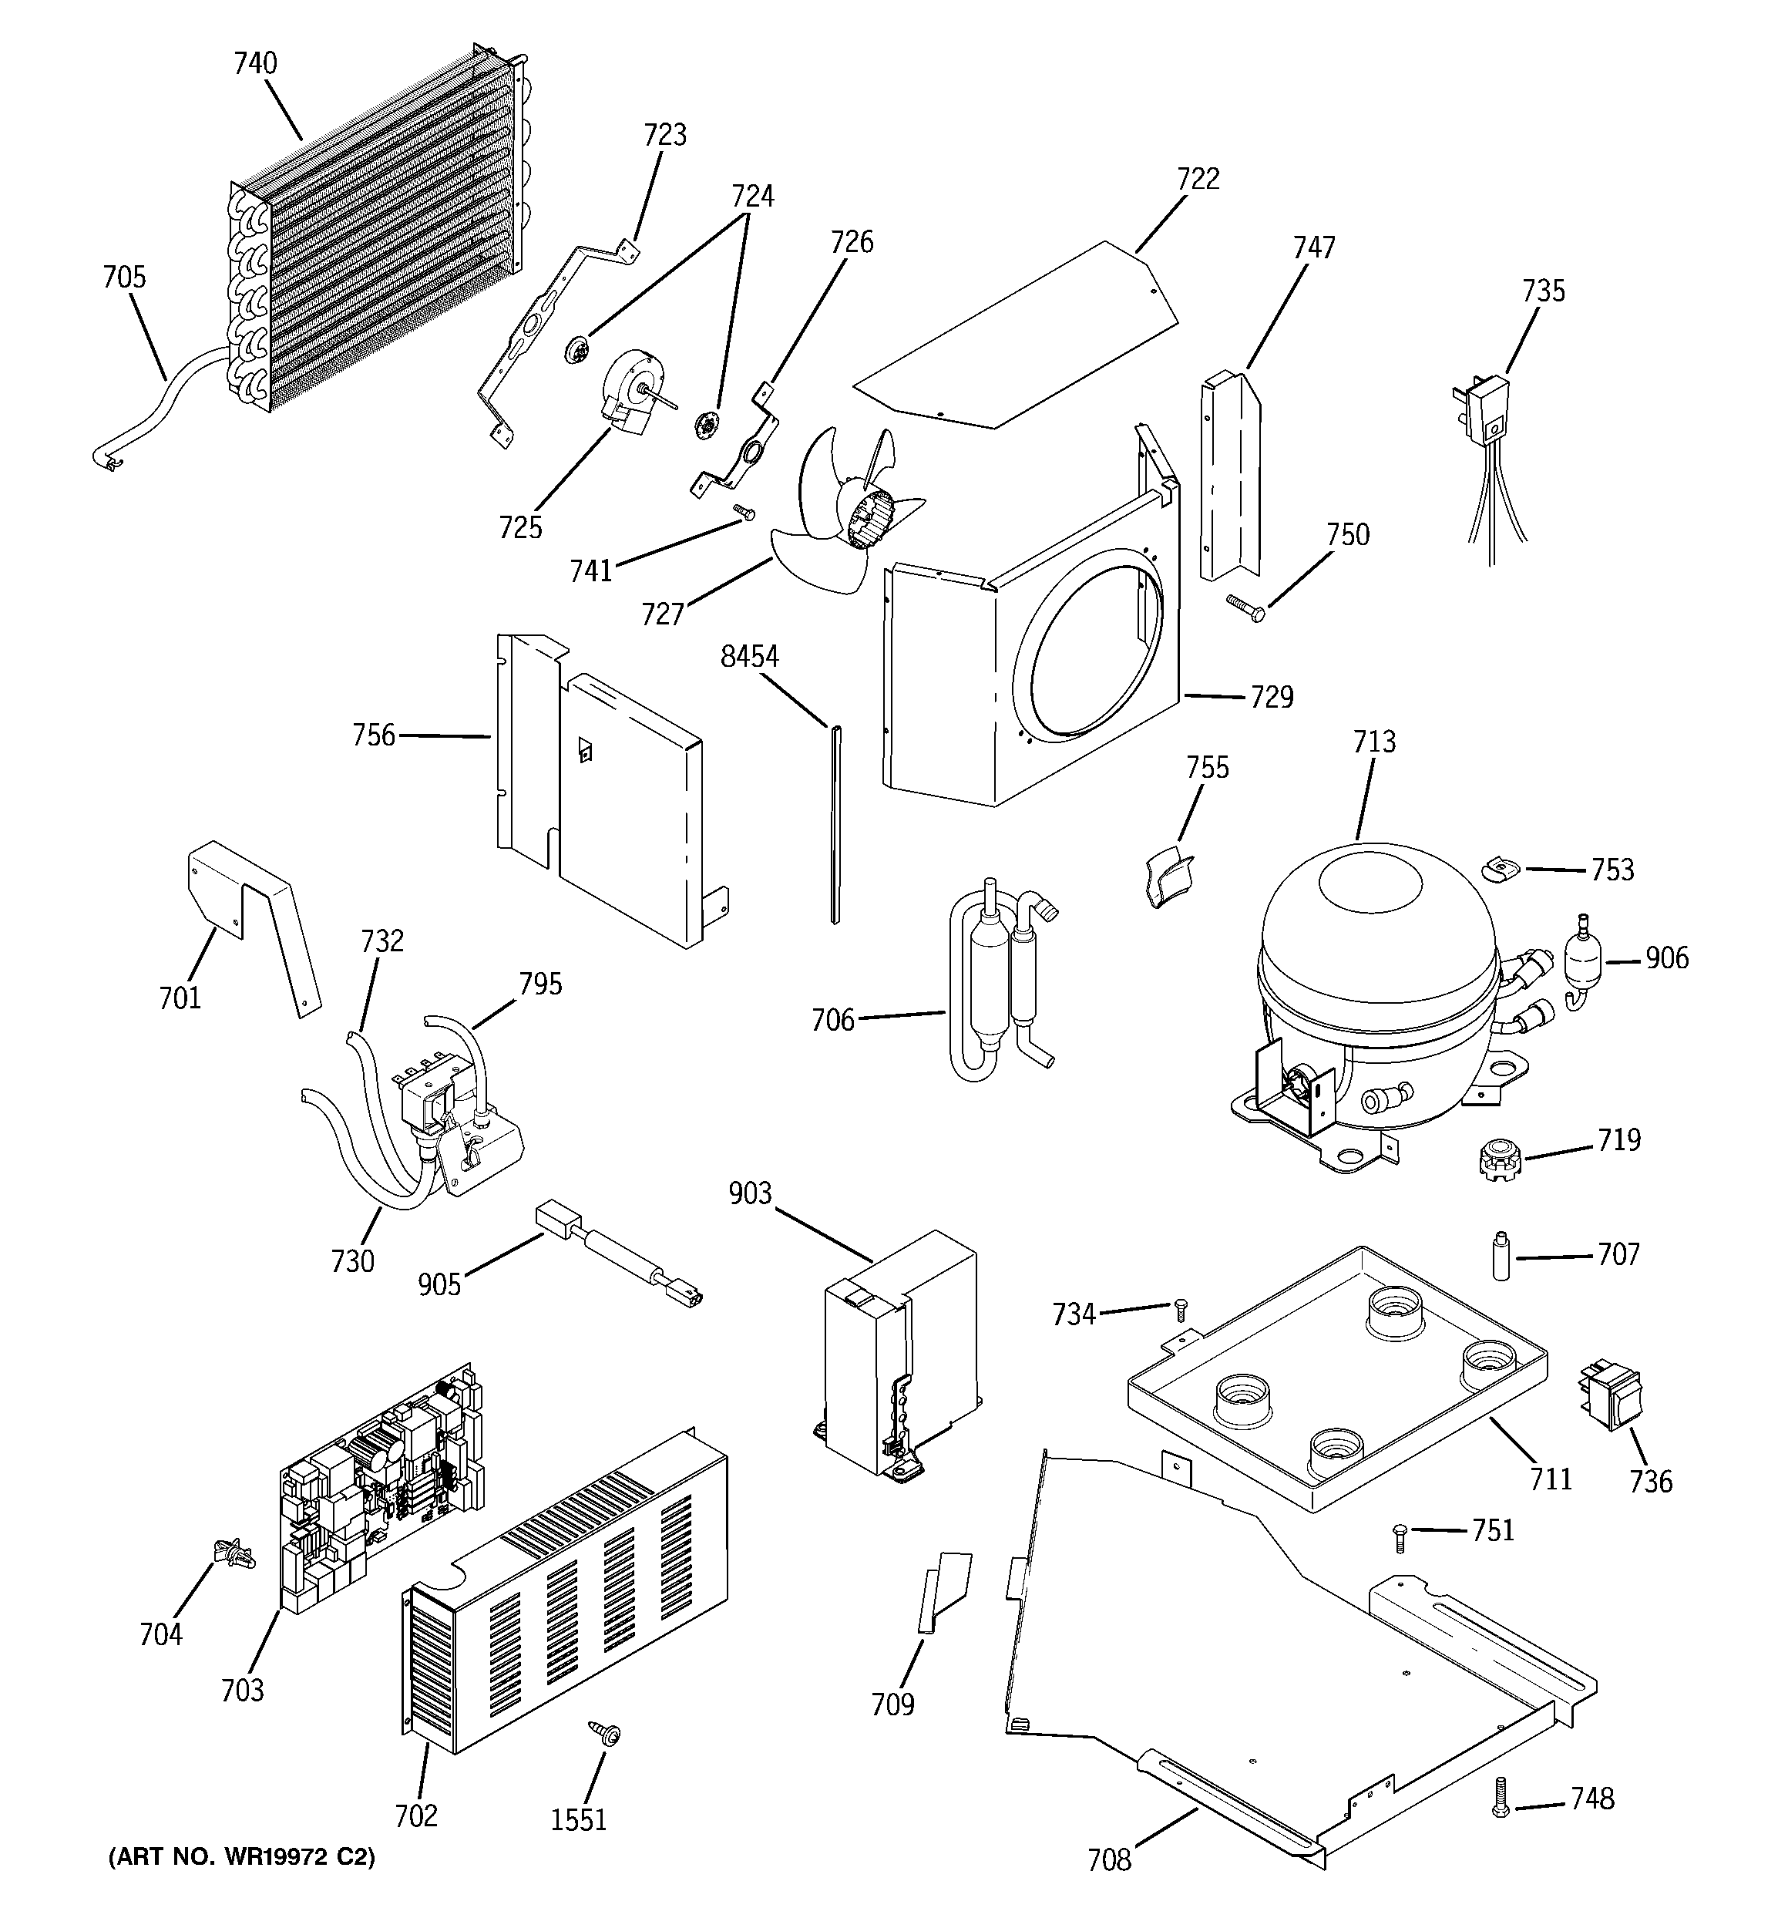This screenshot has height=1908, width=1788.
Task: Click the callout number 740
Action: (x=255, y=63)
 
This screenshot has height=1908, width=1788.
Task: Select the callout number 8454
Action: (x=750, y=658)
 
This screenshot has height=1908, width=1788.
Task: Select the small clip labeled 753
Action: (x=1500, y=867)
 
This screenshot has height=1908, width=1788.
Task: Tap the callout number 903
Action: (x=750, y=1193)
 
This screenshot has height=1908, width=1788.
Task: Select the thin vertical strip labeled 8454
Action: (x=835, y=826)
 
